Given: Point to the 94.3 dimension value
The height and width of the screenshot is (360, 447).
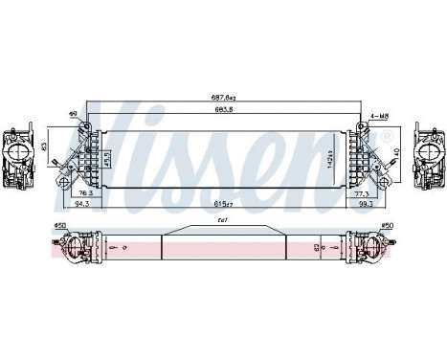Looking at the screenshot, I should pyautogui.click(x=70, y=203).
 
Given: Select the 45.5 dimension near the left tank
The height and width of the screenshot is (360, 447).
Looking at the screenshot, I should pyautogui.click(x=107, y=154).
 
